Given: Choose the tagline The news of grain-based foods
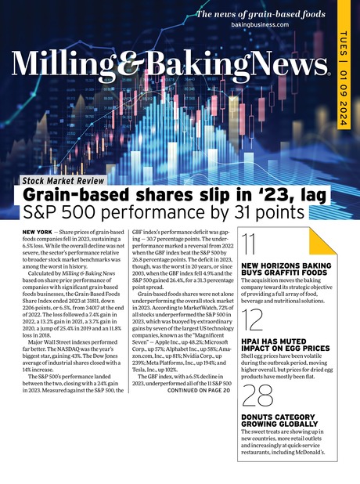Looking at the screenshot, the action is [x=260, y=13].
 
